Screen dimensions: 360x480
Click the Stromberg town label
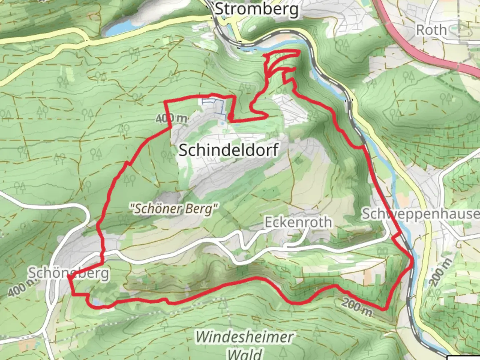[x=257, y=9]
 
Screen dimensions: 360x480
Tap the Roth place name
[x=431, y=30]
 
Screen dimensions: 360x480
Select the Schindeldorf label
[x=229, y=150]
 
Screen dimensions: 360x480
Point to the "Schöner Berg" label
[x=174, y=209]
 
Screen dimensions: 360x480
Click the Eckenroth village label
[x=298, y=222]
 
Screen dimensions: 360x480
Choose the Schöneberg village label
[x=68, y=273]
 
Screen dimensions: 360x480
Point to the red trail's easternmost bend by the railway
[x=413, y=262]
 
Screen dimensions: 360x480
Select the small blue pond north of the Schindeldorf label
[x=222, y=124]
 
